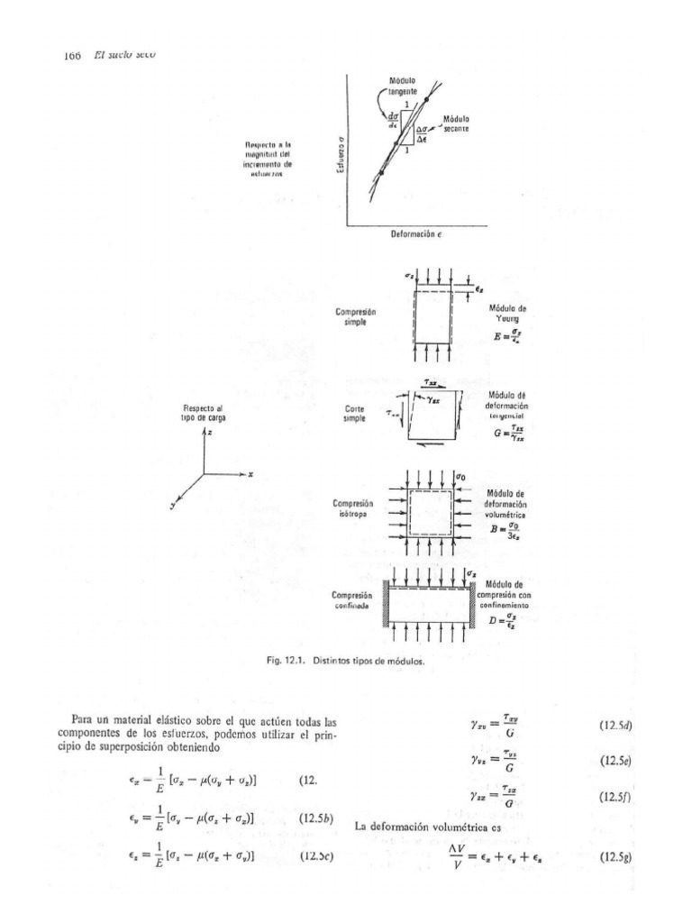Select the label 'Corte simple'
tap(354, 413)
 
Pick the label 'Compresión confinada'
tap(354, 601)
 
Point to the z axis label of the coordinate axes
tap(210, 433)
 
